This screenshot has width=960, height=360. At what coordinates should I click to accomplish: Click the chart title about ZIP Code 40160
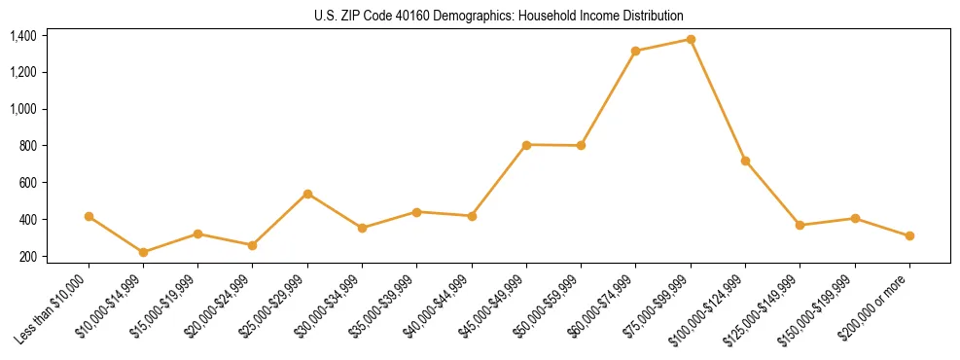click(499, 16)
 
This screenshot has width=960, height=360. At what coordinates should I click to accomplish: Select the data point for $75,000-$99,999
click(691, 40)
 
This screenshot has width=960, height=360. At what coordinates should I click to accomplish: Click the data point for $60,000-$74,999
click(635, 51)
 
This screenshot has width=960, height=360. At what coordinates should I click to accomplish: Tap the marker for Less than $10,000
click(89, 216)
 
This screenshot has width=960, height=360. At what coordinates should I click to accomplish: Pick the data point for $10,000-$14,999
click(143, 252)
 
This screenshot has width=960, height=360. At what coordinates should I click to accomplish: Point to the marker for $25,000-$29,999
click(307, 194)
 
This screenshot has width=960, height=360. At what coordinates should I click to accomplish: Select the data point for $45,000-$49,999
click(526, 145)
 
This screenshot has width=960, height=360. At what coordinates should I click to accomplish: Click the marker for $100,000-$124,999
click(745, 161)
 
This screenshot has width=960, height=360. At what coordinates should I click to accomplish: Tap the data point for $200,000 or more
click(909, 235)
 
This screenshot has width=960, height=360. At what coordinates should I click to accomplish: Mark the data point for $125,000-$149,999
click(800, 225)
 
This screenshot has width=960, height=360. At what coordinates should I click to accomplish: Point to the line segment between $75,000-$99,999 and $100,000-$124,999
click(718, 100)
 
